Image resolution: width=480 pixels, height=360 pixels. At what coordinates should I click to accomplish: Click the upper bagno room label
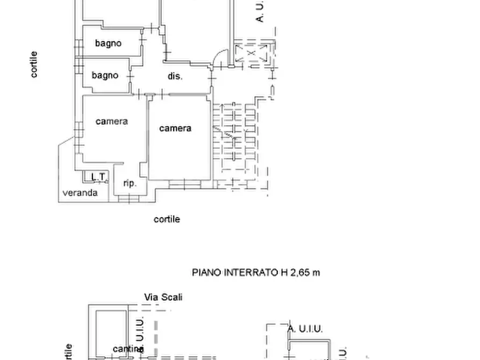point(108,44)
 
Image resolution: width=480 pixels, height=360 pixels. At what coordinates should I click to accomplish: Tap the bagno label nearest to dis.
point(105,75)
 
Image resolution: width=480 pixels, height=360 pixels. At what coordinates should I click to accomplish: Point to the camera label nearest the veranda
point(112,121)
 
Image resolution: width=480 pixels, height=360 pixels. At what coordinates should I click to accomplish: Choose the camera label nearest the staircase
point(175,128)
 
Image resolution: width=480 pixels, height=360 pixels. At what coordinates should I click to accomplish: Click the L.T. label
point(98,177)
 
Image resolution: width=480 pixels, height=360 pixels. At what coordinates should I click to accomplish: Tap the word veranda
point(80,192)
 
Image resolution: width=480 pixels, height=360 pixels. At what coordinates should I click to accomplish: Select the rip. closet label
point(130,183)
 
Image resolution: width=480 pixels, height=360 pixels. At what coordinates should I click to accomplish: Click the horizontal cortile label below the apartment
point(167,219)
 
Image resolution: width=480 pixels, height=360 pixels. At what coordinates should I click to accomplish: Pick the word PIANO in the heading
point(205,272)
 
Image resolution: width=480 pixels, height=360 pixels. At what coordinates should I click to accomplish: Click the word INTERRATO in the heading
point(249,272)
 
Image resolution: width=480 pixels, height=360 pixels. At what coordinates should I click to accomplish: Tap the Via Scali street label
point(163,297)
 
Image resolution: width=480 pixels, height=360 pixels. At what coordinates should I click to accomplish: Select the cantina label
point(127,349)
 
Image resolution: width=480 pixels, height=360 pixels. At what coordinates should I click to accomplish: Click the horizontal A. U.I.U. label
point(305,329)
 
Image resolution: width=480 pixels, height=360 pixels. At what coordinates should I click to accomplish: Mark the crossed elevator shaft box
point(252,54)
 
